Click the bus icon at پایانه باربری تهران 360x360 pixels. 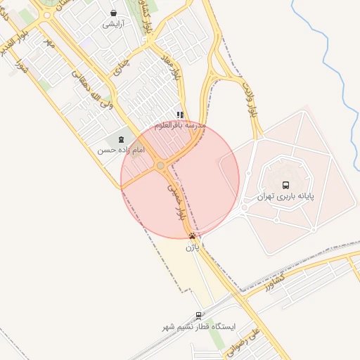click(x=285, y=185)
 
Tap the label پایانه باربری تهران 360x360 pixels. click(x=285, y=197)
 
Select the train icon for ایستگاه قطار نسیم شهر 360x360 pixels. click(x=199, y=316)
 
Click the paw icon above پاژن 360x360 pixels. click(x=193, y=236)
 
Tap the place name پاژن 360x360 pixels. click(x=193, y=247)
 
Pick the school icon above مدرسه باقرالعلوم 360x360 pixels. click(x=180, y=115)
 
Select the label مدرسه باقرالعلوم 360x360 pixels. click(x=180, y=126)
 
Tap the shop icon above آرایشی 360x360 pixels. click(x=114, y=13)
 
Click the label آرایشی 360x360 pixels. click(x=114, y=24)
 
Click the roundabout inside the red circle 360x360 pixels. click(x=161, y=165)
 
